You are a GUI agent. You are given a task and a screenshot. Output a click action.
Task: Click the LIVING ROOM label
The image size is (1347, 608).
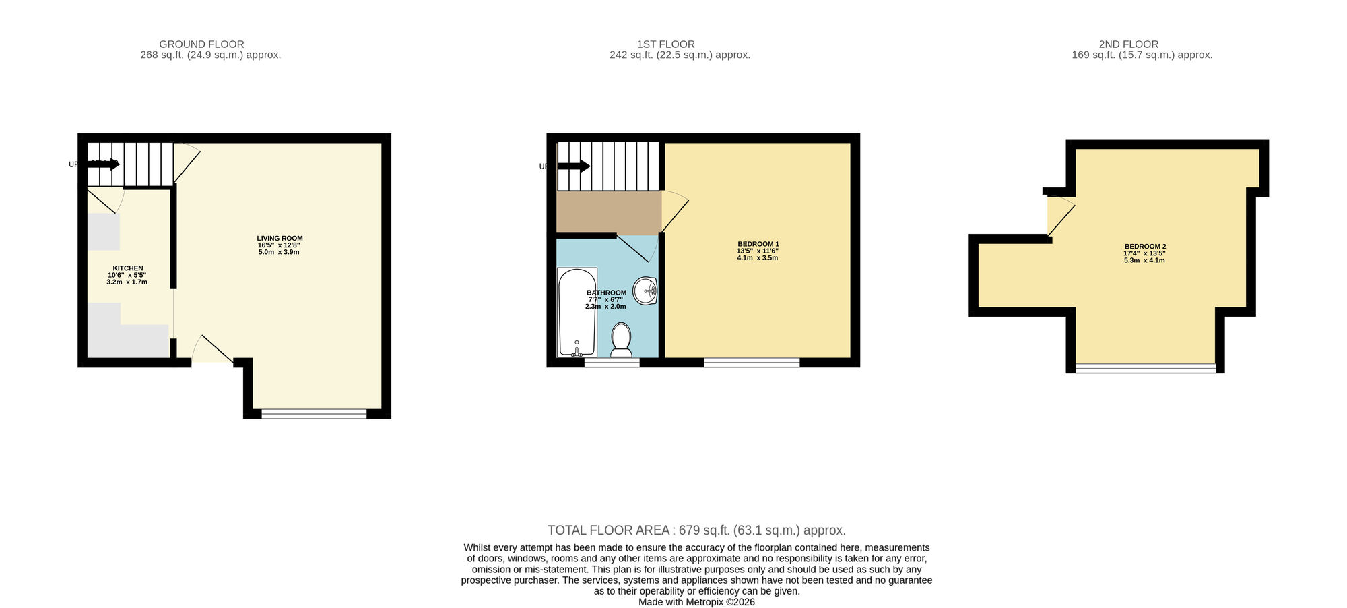[280, 238]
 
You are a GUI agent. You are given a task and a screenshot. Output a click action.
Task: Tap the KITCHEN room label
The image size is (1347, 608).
[127, 268]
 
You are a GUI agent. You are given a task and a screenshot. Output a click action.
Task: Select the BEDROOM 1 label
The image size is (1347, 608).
[758, 244]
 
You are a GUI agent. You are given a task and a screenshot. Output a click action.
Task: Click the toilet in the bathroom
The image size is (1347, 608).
[621, 339]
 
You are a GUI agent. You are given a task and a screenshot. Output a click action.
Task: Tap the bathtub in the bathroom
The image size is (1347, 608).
[577, 311]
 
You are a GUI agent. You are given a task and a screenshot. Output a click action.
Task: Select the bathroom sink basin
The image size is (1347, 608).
[645, 291]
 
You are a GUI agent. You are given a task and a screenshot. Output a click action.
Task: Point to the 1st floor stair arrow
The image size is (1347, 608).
[574, 166]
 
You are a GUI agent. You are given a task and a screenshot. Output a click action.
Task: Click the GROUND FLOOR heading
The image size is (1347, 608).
[201, 44]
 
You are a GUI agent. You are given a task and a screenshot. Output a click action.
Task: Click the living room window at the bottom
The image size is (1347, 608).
[314, 414]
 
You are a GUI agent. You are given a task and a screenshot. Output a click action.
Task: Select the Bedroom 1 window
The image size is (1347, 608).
[752, 363]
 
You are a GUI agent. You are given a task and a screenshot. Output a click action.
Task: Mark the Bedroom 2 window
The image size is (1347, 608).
[1145, 368]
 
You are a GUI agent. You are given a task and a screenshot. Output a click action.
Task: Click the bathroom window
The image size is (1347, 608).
[612, 363]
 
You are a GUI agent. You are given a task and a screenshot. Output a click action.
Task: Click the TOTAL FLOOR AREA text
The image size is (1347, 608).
[696, 530]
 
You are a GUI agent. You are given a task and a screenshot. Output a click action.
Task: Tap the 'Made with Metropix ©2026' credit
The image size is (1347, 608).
[696, 602]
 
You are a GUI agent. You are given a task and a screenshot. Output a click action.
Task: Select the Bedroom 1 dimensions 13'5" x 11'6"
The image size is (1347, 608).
[758, 251]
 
